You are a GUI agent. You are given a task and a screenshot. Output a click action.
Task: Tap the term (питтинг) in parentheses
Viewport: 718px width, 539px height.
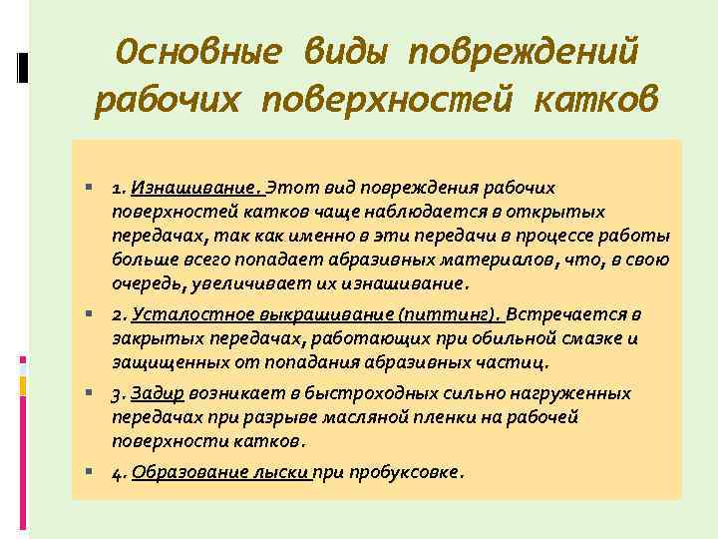pos(450,314)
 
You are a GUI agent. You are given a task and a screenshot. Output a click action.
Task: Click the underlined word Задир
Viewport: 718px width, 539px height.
pos(158,393)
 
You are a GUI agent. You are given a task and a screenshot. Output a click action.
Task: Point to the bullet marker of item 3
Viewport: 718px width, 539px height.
pos(90,393)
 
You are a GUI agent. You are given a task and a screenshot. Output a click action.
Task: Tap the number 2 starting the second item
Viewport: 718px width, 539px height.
pos(116,315)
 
